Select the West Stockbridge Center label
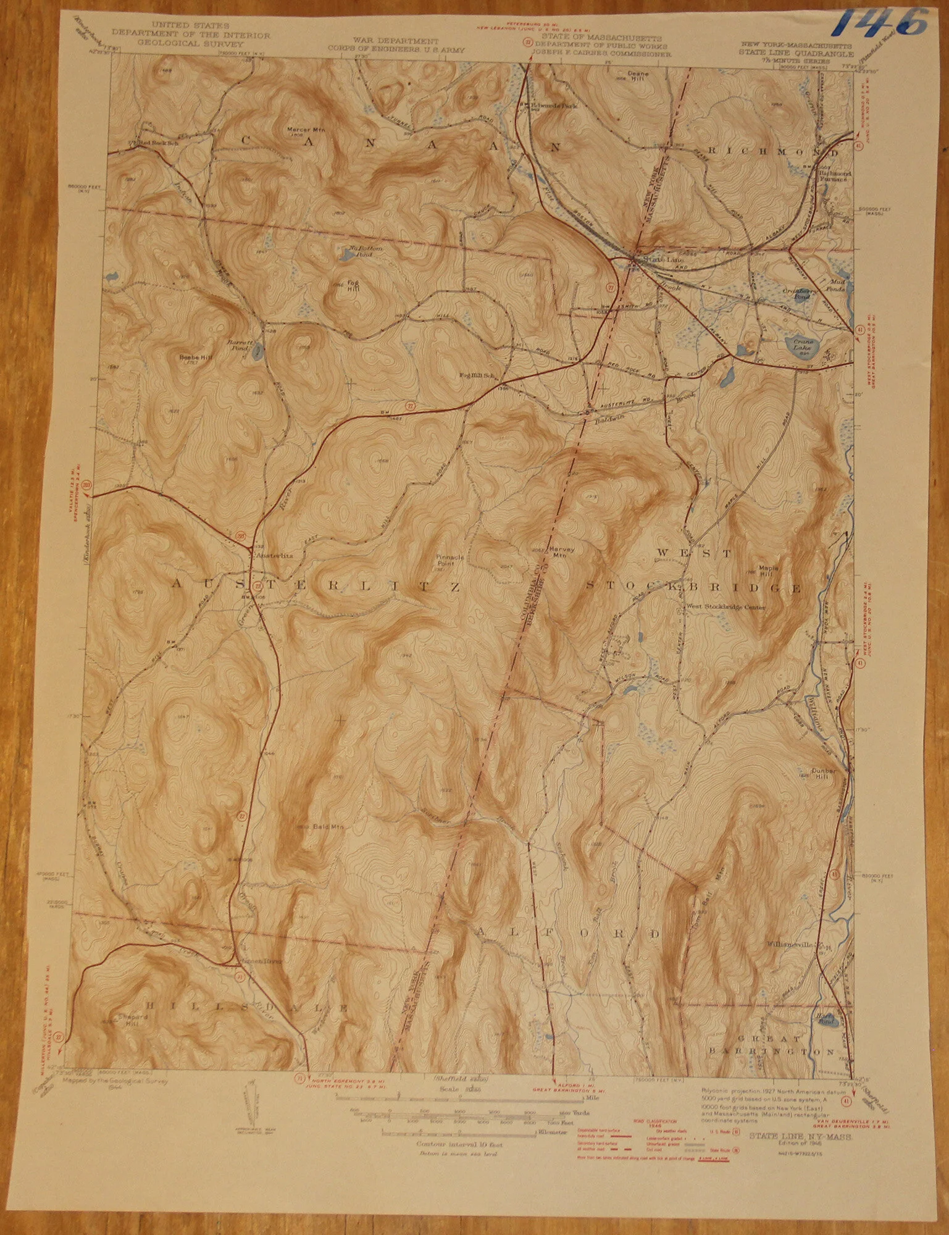(x=726, y=607)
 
